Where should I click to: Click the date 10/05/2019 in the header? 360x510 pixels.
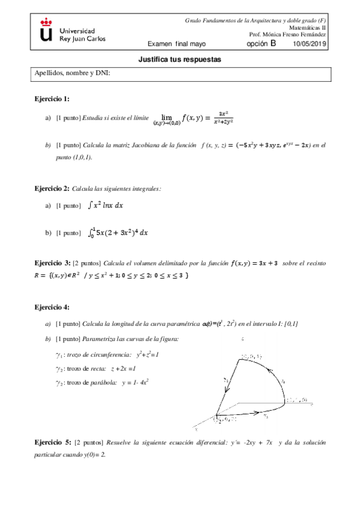(x=309, y=44)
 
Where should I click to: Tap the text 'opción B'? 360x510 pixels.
(x=261, y=43)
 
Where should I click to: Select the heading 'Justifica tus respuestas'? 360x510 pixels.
(x=180, y=61)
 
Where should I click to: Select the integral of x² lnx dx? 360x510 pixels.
(x=105, y=205)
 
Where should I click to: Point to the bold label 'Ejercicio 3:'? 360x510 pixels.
(x=52, y=263)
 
